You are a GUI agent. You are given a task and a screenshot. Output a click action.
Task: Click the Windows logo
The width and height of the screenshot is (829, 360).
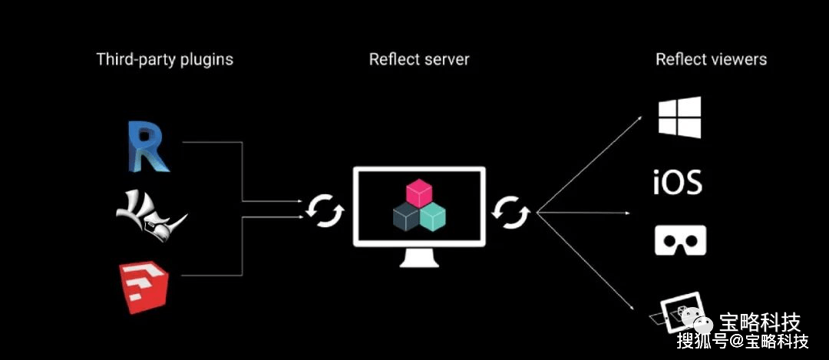[x=679, y=117]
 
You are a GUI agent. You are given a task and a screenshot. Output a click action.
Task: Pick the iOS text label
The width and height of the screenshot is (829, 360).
[x=678, y=182]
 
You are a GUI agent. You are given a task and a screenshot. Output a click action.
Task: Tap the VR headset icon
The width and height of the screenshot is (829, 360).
[x=680, y=239]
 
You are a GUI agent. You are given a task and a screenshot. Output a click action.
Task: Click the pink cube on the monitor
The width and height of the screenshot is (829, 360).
[x=418, y=192]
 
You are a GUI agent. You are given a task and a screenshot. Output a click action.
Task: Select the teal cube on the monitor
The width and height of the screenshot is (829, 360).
[x=432, y=217]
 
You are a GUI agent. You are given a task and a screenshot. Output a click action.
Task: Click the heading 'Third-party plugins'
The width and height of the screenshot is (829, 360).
[x=164, y=59]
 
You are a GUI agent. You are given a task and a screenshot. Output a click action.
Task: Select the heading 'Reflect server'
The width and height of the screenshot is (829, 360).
[x=419, y=59]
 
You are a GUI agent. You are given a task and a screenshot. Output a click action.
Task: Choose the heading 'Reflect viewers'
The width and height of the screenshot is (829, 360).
[x=711, y=59]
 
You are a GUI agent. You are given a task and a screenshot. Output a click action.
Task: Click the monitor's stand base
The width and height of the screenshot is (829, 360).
[x=419, y=263]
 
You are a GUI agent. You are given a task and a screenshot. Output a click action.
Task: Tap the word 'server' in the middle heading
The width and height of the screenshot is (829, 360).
[x=447, y=59]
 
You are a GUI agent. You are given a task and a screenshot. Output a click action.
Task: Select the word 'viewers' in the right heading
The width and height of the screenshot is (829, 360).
[x=739, y=59]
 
